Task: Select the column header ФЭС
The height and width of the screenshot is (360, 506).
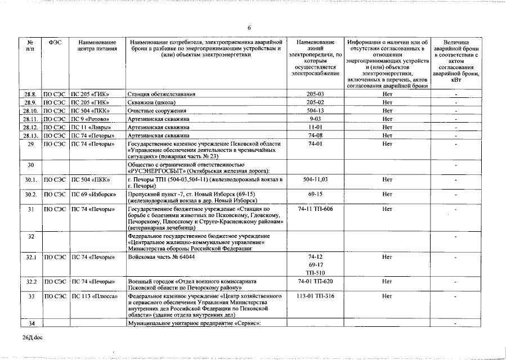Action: (x=55, y=42)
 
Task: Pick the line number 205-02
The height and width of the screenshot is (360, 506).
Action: (x=315, y=103)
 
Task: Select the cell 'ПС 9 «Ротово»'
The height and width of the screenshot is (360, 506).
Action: (x=90, y=119)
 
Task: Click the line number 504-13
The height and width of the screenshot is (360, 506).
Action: (x=315, y=111)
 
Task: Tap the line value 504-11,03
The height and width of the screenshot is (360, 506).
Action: (x=315, y=179)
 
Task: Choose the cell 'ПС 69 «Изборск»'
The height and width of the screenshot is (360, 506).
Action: (x=92, y=193)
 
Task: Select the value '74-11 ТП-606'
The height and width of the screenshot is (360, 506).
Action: (x=315, y=209)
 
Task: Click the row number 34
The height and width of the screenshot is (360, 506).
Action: (x=32, y=323)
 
